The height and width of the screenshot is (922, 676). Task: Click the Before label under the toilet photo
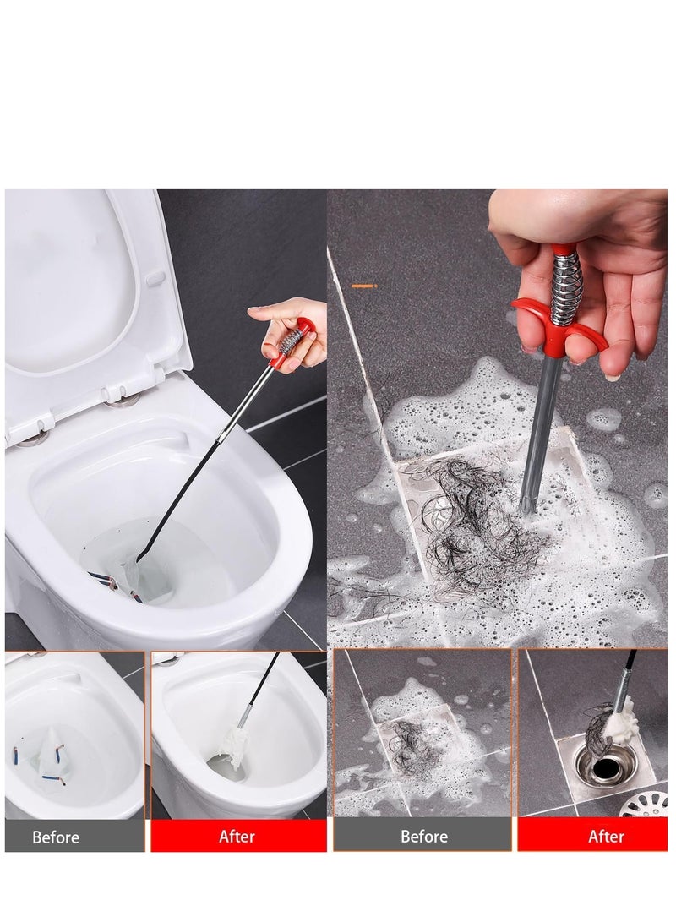click(56, 837)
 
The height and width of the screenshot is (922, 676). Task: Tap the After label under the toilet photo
click(237, 836)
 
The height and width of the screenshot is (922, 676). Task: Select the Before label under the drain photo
click(423, 836)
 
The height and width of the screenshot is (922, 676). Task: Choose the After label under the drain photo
click(605, 836)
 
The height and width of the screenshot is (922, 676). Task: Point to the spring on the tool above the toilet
click(291, 341)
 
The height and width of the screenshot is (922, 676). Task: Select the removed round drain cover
click(647, 804)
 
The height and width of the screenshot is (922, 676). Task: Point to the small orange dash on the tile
click(363, 286)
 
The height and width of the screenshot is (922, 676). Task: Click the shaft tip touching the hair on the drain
click(527, 505)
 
